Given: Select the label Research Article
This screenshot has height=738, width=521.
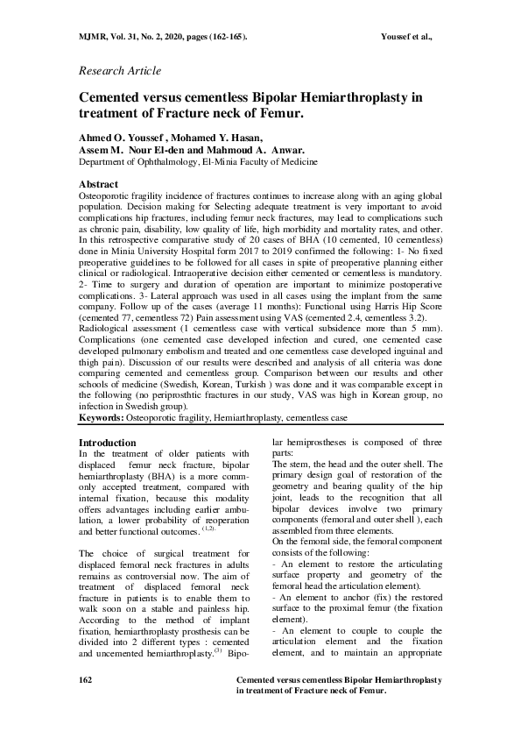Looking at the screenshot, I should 120,70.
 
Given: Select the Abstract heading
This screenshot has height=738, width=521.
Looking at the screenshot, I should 98,185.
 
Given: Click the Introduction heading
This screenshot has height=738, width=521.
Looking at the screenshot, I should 108,443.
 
